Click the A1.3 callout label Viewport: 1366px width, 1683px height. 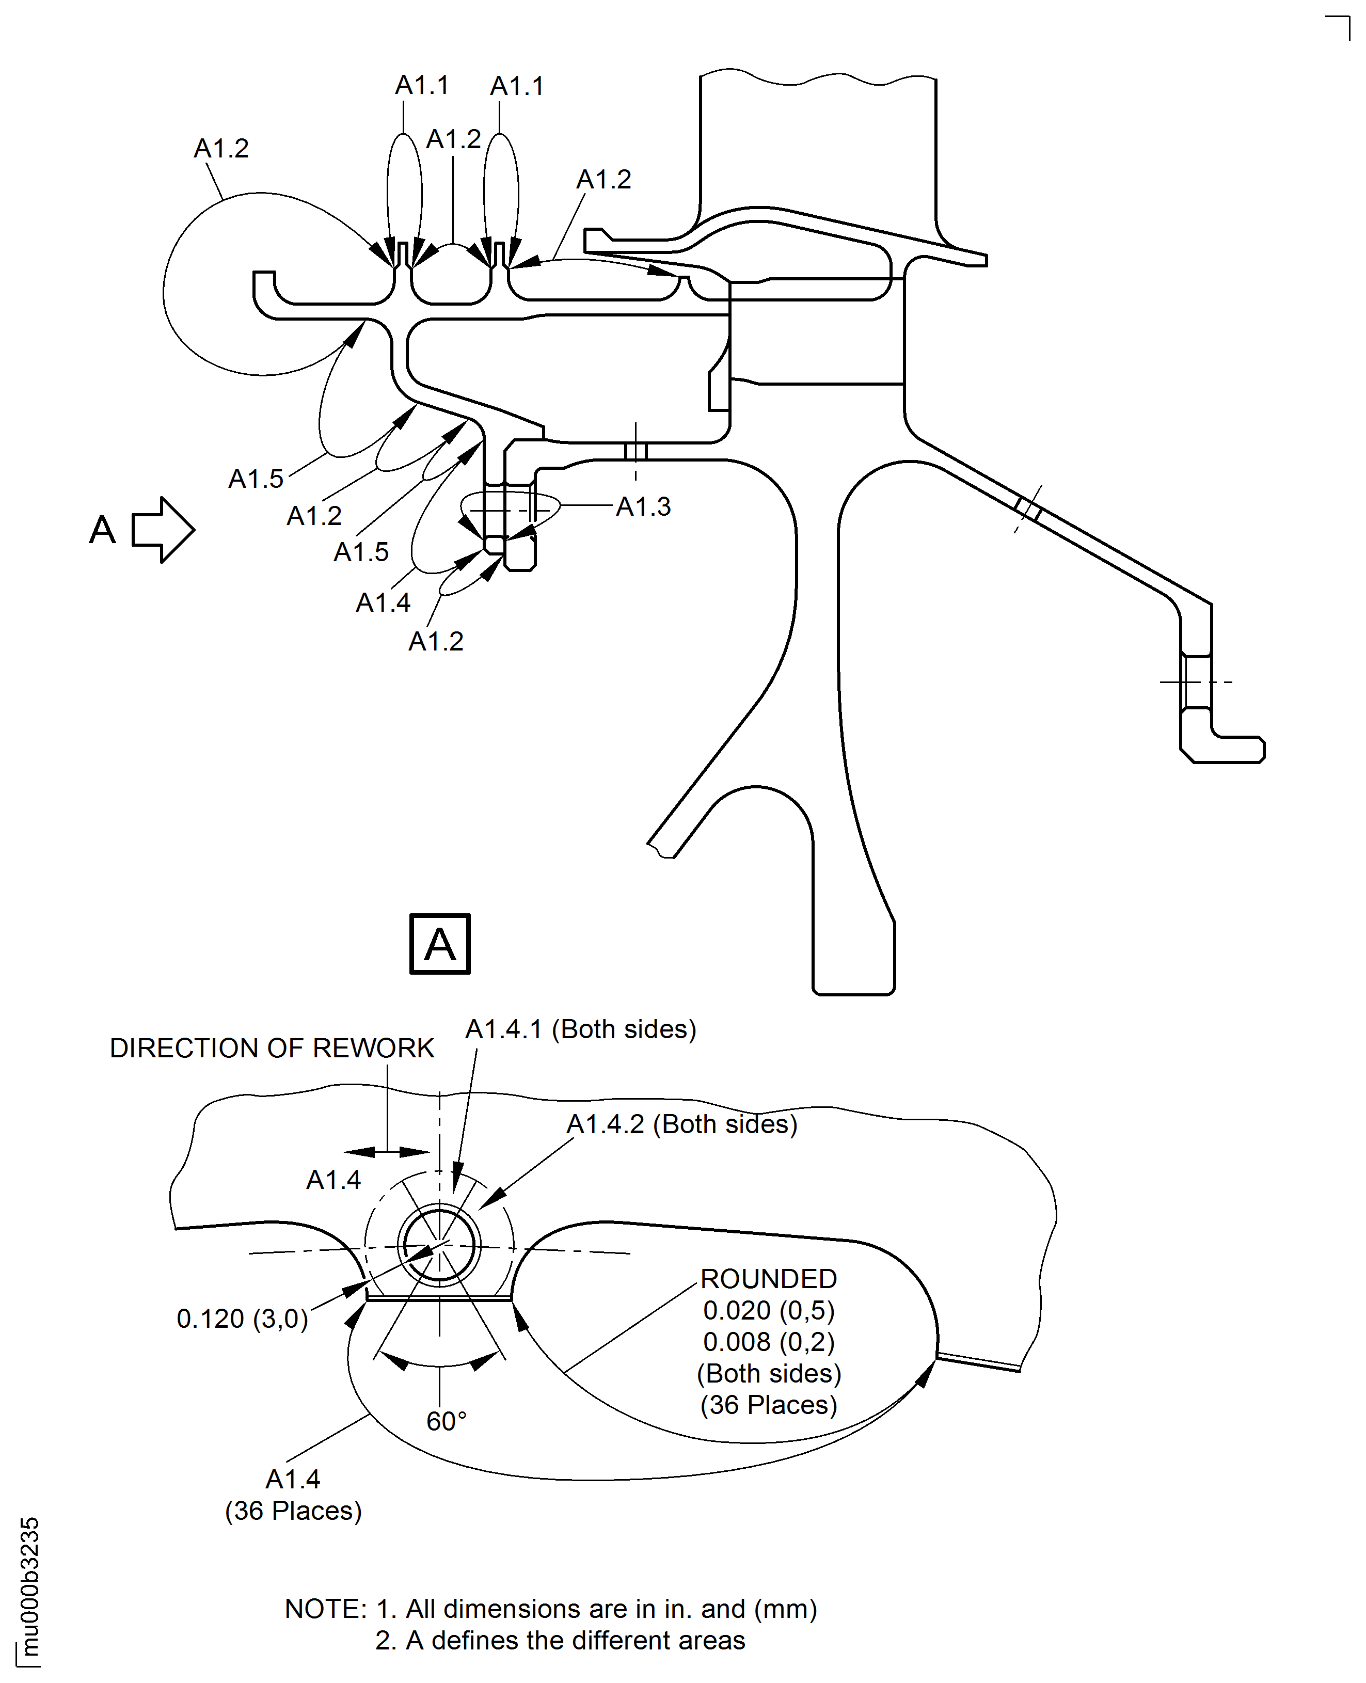click(x=643, y=507)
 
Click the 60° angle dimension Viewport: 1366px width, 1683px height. click(x=446, y=1421)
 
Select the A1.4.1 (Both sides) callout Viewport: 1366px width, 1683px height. click(x=581, y=1029)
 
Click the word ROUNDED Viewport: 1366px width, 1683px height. click(x=768, y=1279)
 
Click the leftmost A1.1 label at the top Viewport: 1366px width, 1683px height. click(x=422, y=85)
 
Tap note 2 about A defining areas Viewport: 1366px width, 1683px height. click(x=560, y=1641)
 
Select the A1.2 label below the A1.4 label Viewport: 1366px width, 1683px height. click(x=435, y=641)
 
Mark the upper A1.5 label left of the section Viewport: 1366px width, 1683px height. click(x=256, y=479)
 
